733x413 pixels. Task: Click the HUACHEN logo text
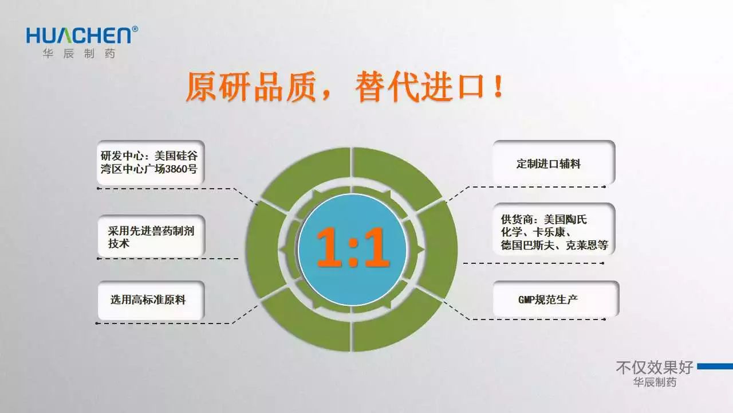79,35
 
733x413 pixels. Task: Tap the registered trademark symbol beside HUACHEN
135,29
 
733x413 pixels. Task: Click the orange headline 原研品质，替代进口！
345,87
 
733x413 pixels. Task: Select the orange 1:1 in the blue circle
353,247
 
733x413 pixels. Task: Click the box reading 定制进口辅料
554,162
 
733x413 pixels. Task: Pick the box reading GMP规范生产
555,299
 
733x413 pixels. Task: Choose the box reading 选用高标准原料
151,300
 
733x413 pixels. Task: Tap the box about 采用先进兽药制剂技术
151,236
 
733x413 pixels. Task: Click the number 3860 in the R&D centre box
176,169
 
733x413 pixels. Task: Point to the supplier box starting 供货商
554,229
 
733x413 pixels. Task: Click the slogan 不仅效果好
655,367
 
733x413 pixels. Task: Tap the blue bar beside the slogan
715,367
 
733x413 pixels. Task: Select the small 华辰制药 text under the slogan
655,382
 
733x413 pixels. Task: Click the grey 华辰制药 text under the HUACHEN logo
79,53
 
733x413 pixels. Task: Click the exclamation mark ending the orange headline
499,86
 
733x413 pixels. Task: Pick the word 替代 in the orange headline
387,87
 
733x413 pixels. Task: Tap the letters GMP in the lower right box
526,299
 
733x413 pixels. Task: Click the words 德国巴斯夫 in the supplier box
527,245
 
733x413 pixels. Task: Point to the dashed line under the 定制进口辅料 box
526,187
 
